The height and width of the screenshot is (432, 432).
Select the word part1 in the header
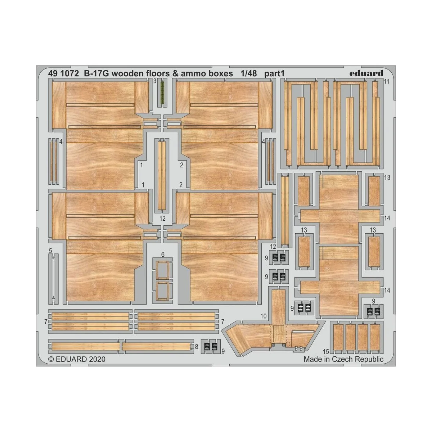[274, 74]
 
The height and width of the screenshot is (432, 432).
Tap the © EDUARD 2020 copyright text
[77, 359]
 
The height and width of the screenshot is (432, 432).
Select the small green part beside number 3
[162, 92]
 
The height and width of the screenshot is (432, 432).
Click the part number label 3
[154, 81]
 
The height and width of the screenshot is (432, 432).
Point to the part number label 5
[50, 251]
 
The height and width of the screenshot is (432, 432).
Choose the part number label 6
[163, 255]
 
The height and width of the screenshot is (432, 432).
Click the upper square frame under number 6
[162, 270]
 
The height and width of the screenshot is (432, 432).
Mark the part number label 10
[264, 316]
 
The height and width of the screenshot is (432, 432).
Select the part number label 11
[386, 82]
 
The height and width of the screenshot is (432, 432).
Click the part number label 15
[326, 351]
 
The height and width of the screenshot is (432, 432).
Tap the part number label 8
[196, 346]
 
